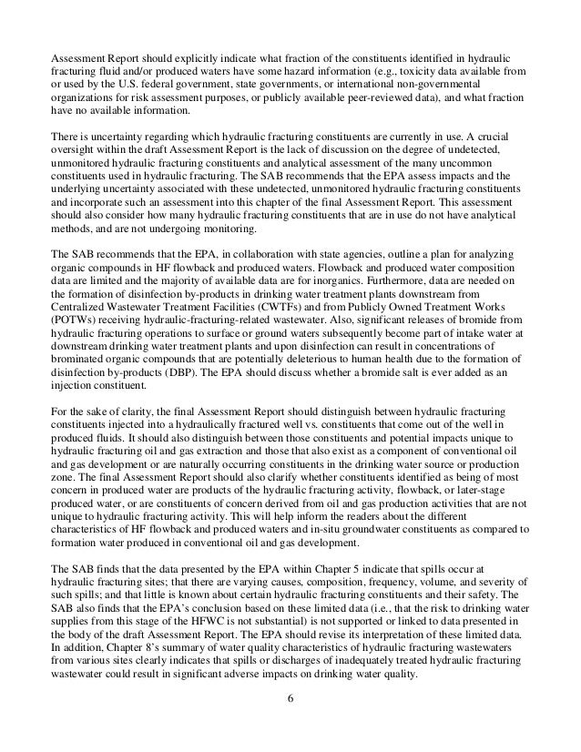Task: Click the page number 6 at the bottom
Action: (x=290, y=724)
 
